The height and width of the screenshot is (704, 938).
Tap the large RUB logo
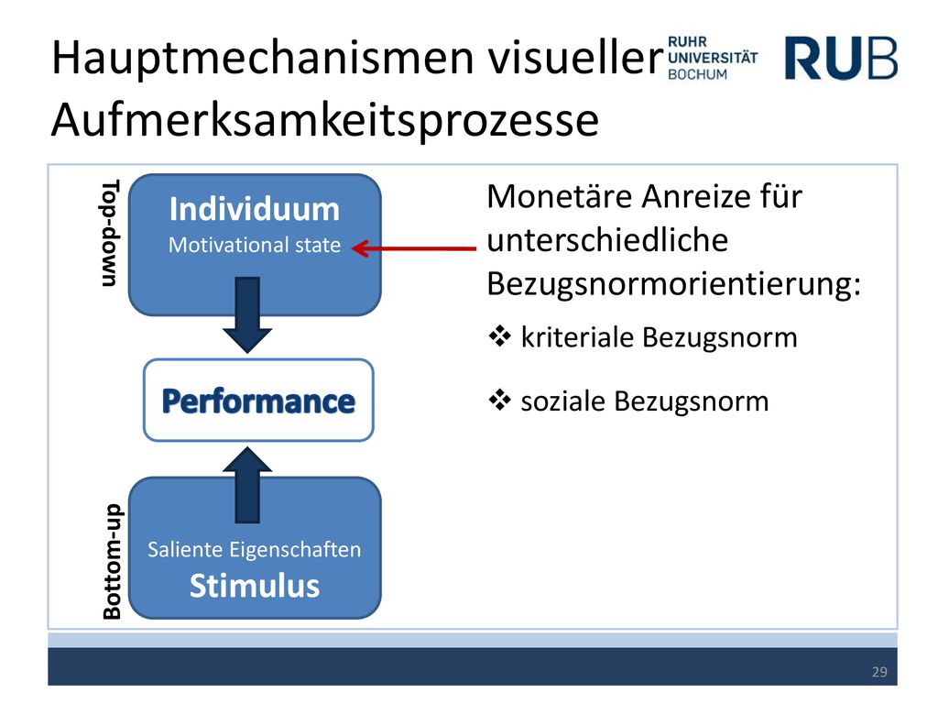point(841,58)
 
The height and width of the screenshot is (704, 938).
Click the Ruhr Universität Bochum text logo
point(713,58)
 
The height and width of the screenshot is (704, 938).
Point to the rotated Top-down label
point(111,233)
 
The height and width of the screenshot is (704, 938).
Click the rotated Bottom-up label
point(112,561)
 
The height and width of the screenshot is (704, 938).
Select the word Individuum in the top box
point(255,209)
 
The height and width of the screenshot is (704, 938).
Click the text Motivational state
point(255,245)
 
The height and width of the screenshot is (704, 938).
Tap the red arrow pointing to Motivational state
point(413,248)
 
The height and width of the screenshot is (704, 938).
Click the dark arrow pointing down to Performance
point(247,314)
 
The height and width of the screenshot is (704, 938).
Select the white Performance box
point(258,400)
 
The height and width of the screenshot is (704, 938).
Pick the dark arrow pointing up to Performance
point(247,485)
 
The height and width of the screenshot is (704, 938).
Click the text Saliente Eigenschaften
point(255,550)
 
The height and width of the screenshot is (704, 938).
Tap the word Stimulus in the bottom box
point(255,586)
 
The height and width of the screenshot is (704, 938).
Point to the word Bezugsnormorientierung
point(673,284)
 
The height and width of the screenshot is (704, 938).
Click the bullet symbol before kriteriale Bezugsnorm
point(499,336)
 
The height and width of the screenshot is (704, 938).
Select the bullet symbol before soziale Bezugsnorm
point(499,400)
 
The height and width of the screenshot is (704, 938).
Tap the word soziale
point(563,401)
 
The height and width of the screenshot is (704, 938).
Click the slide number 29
point(879,672)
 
